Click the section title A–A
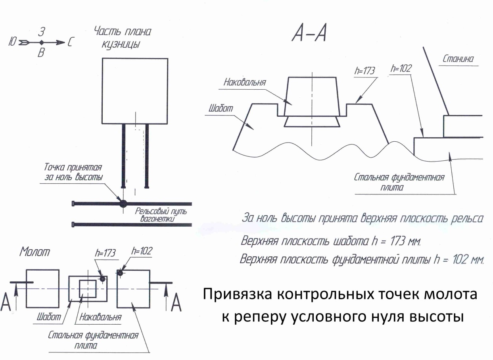(x=309, y=35)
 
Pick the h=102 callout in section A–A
(x=401, y=68)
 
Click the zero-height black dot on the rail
(x=123, y=204)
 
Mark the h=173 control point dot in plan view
(x=102, y=279)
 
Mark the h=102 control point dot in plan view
(x=120, y=273)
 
